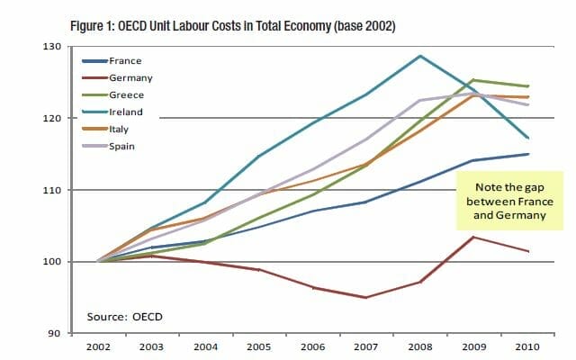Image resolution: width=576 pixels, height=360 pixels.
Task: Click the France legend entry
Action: tap(124, 61)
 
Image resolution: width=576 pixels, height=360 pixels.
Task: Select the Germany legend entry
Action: tap(129, 78)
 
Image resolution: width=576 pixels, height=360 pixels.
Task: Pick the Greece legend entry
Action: tap(125, 95)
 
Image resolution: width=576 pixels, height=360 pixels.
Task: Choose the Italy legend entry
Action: tap(119, 130)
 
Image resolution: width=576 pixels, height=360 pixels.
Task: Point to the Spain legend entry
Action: tap(122, 147)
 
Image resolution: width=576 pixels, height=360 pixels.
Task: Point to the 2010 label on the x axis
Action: tap(528, 347)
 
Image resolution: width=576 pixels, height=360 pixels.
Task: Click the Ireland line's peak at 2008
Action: tap(420, 56)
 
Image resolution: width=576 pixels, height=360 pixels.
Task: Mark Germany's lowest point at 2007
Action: tap(365, 297)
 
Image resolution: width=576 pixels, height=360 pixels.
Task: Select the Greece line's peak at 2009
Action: tap(474, 80)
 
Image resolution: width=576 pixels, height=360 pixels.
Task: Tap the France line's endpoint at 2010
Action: tap(528, 154)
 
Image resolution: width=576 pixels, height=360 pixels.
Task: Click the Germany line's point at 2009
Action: tap(474, 238)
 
